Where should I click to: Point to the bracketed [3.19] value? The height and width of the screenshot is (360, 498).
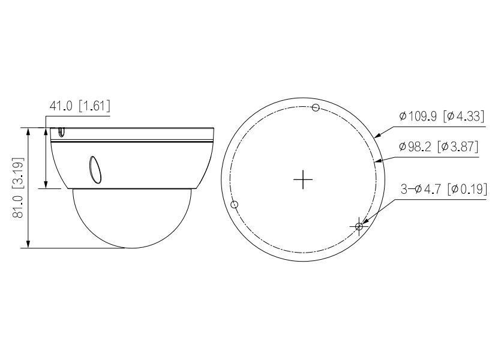16,171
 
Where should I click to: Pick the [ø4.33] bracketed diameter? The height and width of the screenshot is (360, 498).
463,117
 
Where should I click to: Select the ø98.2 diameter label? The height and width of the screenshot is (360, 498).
418,147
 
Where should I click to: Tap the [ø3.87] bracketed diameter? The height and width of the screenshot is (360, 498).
460,147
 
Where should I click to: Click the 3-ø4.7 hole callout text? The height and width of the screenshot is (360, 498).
422,190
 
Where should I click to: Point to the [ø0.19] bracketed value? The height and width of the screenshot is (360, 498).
467,190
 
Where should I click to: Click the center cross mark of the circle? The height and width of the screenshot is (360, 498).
304,179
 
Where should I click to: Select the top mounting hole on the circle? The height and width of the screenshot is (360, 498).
316,107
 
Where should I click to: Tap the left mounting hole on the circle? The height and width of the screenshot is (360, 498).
235,205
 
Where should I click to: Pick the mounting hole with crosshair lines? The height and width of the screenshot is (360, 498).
359,226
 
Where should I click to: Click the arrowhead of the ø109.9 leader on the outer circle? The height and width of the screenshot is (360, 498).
377,136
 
